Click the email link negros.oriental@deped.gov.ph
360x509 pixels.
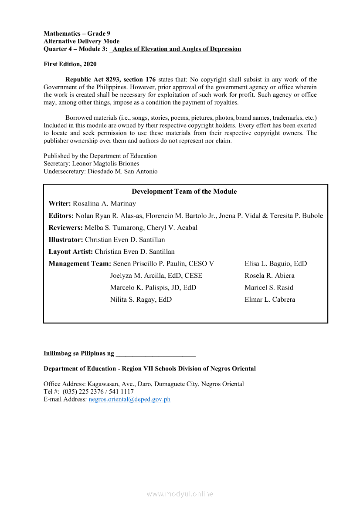(x=129, y=399)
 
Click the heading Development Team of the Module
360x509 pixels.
(x=184, y=192)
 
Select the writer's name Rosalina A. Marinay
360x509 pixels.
(x=104, y=204)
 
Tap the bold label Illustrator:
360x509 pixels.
(x=66, y=239)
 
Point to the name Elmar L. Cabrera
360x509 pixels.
(x=270, y=300)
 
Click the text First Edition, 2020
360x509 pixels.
(x=70, y=64)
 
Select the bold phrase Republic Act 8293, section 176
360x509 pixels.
(x=110, y=80)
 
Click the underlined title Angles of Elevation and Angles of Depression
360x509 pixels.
(x=177, y=49)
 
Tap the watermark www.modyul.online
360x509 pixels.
(x=180, y=494)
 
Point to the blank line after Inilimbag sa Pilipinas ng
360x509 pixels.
(x=156, y=354)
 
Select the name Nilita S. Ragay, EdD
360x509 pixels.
(x=141, y=300)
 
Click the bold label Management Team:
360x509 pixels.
(x=80, y=263)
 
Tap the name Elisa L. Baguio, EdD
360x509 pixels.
(x=275, y=263)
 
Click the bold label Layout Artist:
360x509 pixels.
(x=71, y=252)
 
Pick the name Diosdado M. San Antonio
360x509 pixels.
(x=122, y=172)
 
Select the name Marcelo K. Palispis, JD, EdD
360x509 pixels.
(x=153, y=287)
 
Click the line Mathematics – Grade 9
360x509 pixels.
(x=77, y=34)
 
